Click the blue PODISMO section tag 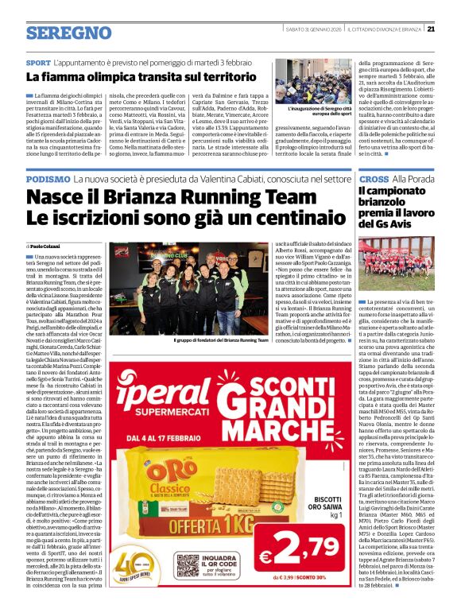pyautogui.click(x=47, y=180)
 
